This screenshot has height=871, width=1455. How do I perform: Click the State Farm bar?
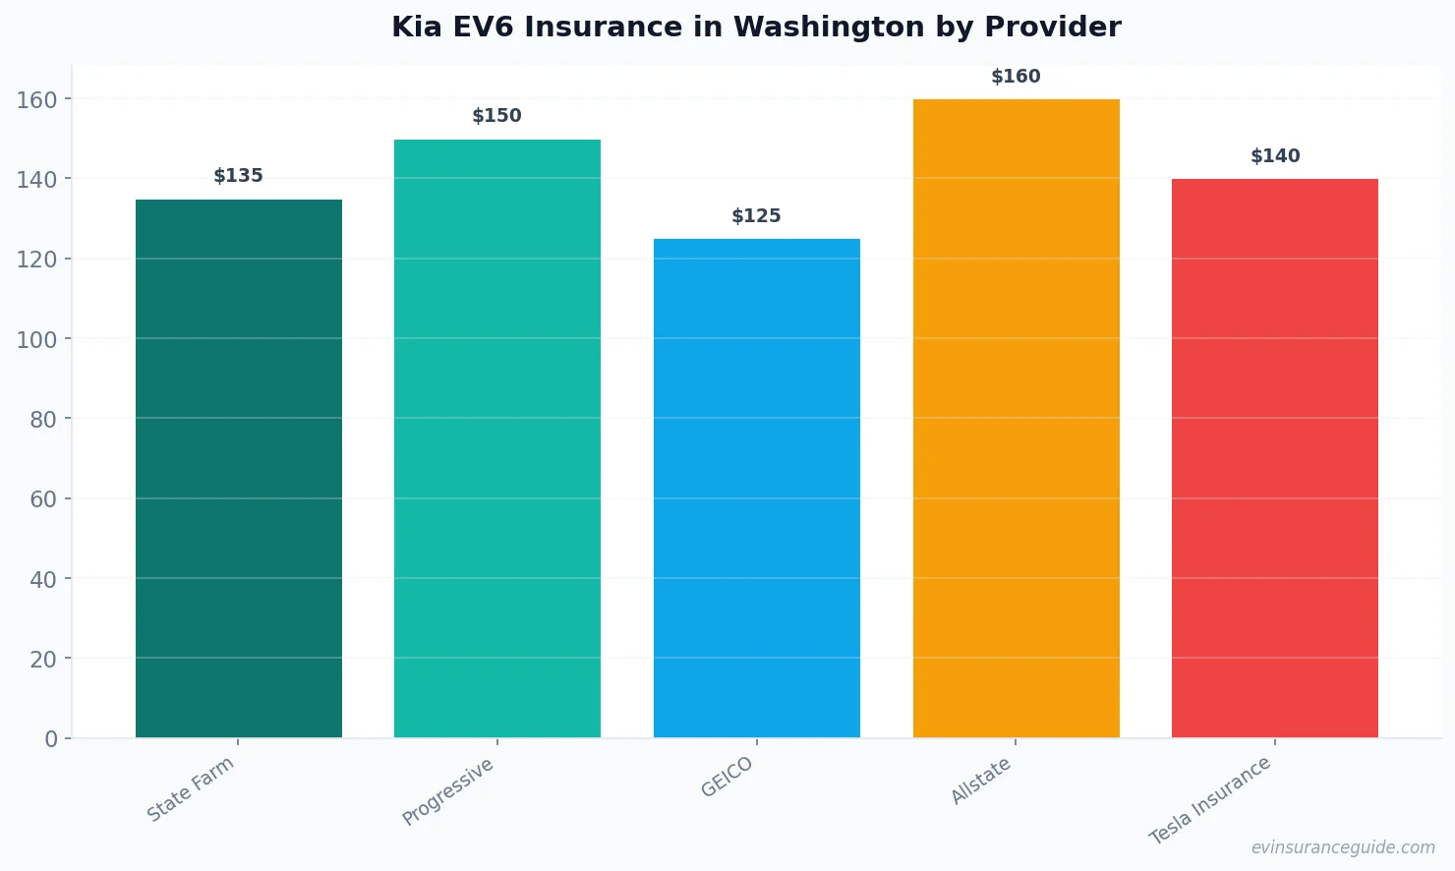click(239, 468)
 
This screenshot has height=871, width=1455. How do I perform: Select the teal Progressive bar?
click(497, 438)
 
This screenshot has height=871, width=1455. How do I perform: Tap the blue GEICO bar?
click(756, 488)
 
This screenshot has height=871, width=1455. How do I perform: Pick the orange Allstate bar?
click(1016, 418)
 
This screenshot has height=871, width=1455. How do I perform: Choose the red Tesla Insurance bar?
click(1274, 458)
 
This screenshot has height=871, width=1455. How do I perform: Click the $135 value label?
click(239, 176)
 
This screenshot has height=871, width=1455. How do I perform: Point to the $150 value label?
click(497, 116)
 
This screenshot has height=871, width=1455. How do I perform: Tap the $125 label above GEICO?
click(756, 216)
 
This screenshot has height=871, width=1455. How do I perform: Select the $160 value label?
click(1016, 77)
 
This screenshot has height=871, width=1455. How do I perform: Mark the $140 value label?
click(1275, 156)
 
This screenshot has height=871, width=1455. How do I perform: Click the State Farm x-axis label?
click(191, 788)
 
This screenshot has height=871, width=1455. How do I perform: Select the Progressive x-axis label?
click(448, 791)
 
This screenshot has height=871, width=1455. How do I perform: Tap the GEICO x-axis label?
click(727, 777)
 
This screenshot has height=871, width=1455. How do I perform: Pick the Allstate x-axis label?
click(980, 782)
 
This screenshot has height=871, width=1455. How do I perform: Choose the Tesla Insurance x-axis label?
click(1210, 800)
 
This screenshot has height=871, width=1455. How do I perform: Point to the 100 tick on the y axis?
click(36, 339)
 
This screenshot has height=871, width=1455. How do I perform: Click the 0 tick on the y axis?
click(51, 739)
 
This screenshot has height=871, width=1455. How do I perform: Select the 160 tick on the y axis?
click(36, 99)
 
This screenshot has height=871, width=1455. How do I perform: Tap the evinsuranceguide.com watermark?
click(1343, 847)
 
